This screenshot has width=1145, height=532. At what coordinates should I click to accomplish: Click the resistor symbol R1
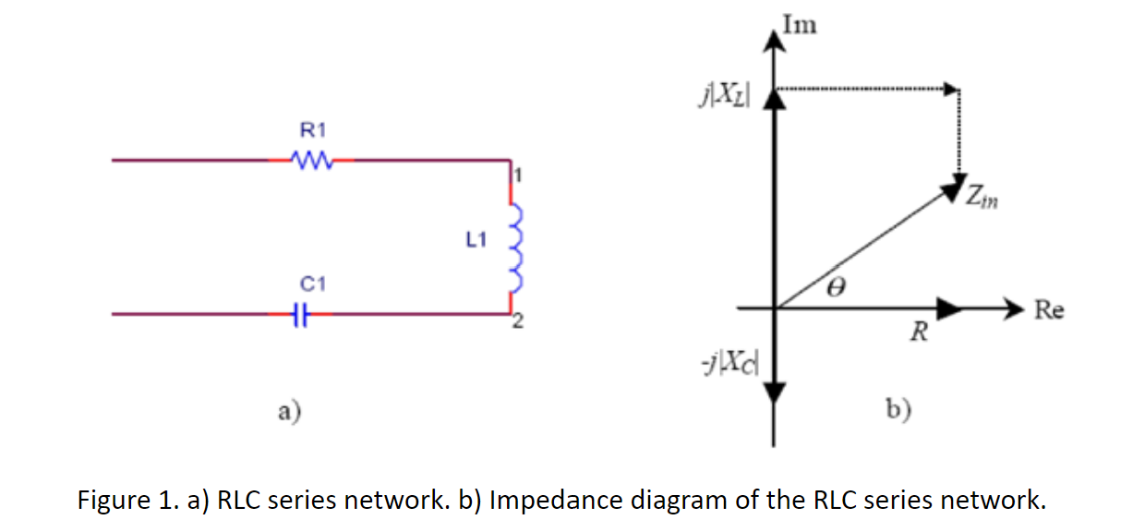(x=312, y=161)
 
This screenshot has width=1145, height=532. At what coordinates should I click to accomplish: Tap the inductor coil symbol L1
(x=516, y=248)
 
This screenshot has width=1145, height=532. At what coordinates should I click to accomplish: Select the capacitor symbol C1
(x=301, y=314)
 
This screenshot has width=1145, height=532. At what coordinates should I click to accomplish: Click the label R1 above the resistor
(x=313, y=130)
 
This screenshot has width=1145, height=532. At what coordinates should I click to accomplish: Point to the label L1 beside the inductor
(x=476, y=239)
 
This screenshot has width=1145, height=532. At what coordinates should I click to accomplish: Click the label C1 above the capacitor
(x=313, y=284)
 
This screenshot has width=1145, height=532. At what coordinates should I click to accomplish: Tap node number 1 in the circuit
(x=518, y=175)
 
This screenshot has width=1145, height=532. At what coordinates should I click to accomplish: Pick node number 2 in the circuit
(x=518, y=321)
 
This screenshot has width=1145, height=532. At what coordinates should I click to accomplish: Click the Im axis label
(x=800, y=25)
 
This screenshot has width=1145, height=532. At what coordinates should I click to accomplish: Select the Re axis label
(x=1049, y=309)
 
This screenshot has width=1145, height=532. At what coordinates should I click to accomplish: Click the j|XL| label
(x=725, y=95)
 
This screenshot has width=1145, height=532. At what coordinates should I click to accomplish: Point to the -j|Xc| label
(x=730, y=362)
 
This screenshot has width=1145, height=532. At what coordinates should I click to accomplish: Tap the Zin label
(x=982, y=197)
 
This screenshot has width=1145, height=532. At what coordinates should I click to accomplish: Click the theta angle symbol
(x=837, y=286)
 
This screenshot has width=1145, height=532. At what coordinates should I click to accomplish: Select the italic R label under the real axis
(x=919, y=332)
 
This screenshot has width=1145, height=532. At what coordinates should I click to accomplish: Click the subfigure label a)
(x=290, y=411)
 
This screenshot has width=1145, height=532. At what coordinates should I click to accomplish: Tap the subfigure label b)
(x=898, y=409)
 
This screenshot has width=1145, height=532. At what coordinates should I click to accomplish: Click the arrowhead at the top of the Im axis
(x=775, y=41)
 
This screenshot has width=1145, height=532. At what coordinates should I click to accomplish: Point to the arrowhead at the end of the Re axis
(x=1014, y=308)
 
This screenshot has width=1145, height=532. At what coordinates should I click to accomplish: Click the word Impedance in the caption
(x=556, y=501)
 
